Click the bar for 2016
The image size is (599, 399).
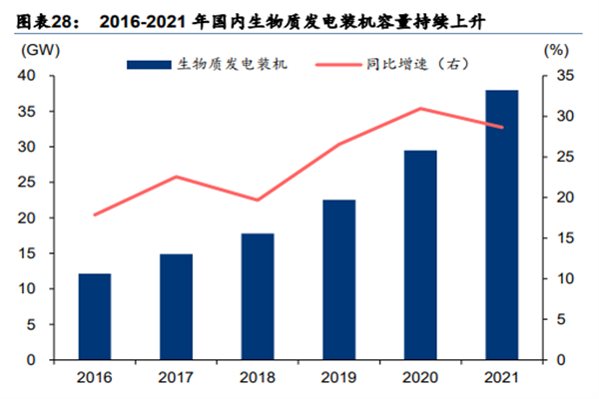[x=95, y=316]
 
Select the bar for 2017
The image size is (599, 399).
[x=177, y=306]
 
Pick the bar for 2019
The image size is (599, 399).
[x=338, y=279]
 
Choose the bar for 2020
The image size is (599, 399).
[x=420, y=254]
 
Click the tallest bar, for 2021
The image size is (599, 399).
[x=501, y=224]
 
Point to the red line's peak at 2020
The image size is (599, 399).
[x=420, y=109]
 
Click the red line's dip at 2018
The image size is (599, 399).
[x=258, y=200]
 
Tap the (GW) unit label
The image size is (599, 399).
[x=35, y=49]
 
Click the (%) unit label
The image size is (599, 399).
[x=555, y=49]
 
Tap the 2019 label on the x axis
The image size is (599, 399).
[x=338, y=377]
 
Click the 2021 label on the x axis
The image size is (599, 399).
[x=501, y=377]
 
